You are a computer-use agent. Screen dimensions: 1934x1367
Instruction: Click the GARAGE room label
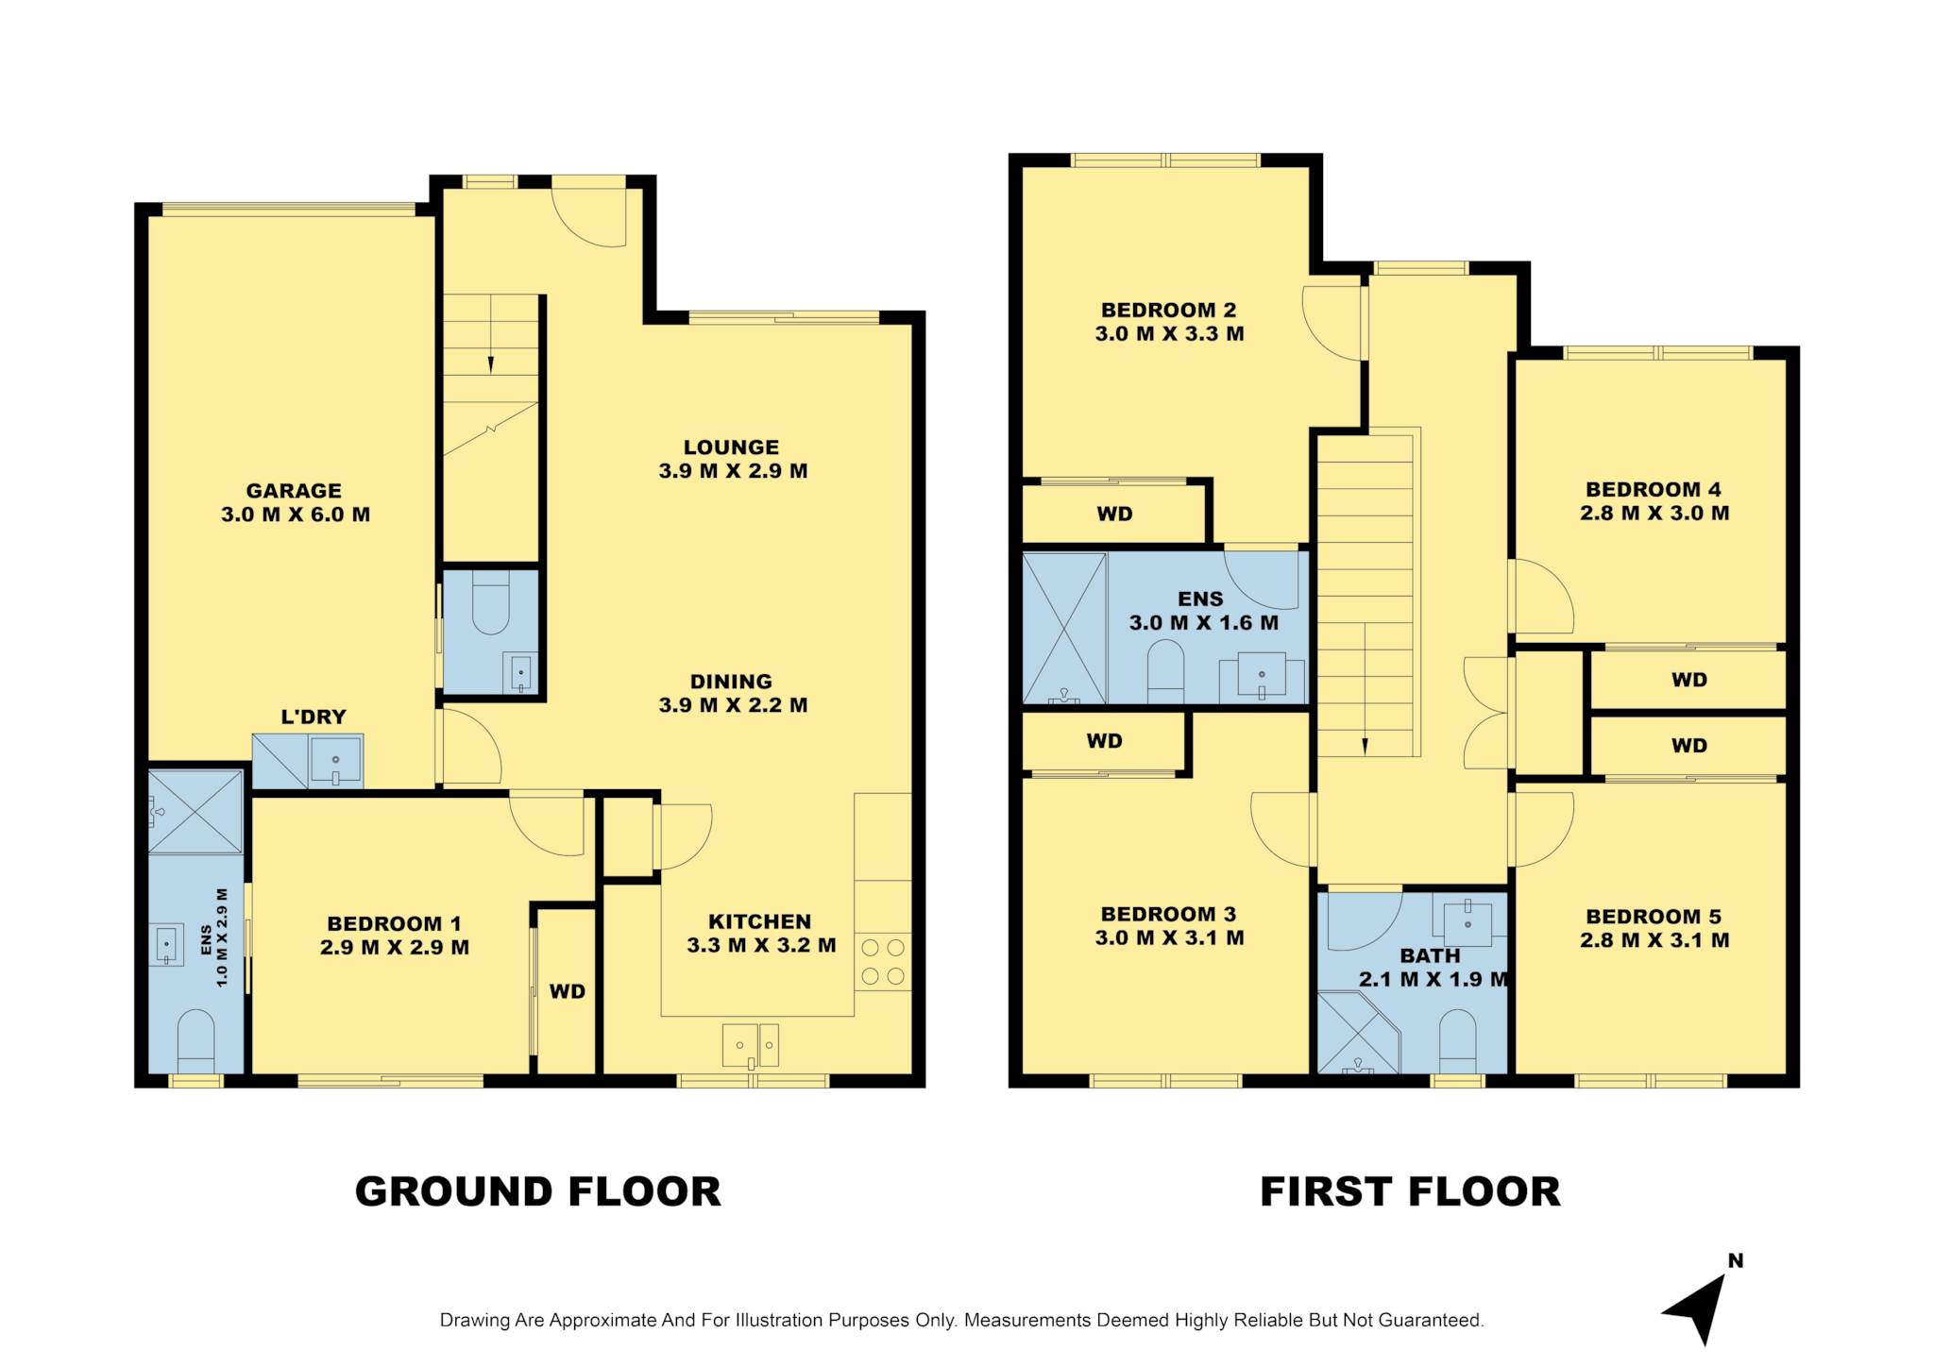click(294, 491)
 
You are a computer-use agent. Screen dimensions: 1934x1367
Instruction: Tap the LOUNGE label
click(732, 447)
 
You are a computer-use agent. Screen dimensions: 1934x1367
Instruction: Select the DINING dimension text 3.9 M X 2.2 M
click(733, 705)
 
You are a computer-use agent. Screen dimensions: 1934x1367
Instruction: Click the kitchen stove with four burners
click(883, 962)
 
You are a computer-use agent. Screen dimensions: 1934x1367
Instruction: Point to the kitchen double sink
click(751, 1046)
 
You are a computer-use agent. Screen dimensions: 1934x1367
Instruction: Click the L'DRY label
click(314, 717)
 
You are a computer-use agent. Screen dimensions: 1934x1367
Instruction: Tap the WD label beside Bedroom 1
click(568, 991)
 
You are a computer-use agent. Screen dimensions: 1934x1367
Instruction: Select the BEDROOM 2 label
click(1168, 310)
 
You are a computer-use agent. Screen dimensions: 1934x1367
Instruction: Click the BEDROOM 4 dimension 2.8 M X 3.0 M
click(1654, 514)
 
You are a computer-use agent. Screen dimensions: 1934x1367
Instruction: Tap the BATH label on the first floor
click(1430, 955)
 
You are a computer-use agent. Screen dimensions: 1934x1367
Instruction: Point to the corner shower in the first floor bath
click(1358, 1033)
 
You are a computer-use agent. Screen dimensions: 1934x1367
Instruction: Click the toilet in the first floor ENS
click(1165, 671)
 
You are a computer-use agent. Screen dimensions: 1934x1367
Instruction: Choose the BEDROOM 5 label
click(1654, 917)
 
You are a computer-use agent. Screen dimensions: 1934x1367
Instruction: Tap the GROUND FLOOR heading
click(537, 1191)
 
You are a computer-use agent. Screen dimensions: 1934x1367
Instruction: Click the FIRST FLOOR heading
click(1410, 1191)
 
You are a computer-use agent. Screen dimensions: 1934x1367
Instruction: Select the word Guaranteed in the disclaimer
click(1431, 1321)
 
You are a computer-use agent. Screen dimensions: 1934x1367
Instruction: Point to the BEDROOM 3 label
click(1168, 914)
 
